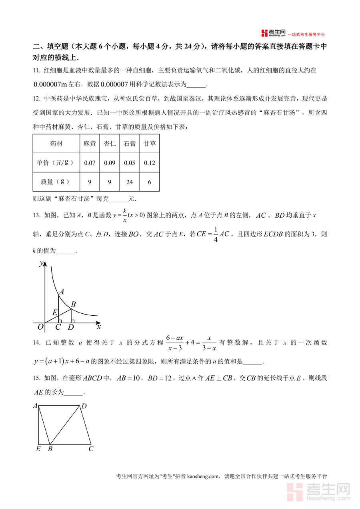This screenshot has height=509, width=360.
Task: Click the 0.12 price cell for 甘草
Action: pyautogui.click(x=150, y=163)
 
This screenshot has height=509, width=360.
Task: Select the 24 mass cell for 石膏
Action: pyautogui.click(x=130, y=182)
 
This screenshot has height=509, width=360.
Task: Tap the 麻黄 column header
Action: pyautogui.click(x=90, y=144)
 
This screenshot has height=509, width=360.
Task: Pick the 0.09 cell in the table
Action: pyautogui.click(x=110, y=163)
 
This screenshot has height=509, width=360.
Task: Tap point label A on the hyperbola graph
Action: pyautogui.click(x=61, y=292)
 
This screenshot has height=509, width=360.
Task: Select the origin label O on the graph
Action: pyautogui.click(x=40, y=327)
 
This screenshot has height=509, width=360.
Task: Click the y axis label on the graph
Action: pyautogui.click(x=41, y=263)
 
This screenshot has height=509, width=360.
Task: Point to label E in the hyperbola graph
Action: pyautogui.click(x=55, y=313)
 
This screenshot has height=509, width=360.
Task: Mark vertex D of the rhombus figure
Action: pyautogui.click(x=84, y=407)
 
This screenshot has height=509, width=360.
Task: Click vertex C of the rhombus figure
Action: pyautogui.click(x=91, y=449)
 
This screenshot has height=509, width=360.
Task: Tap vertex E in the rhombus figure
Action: pyautogui.click(x=38, y=449)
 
